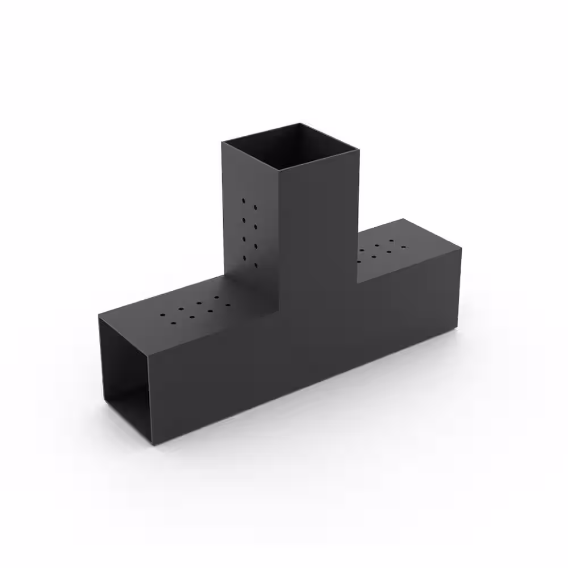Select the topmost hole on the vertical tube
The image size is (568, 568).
[244, 200]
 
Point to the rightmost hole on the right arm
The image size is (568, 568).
[404, 247]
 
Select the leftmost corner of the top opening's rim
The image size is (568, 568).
[222, 141]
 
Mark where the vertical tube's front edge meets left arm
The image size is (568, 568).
[281, 310]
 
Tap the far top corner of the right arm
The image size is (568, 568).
[404, 219]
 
